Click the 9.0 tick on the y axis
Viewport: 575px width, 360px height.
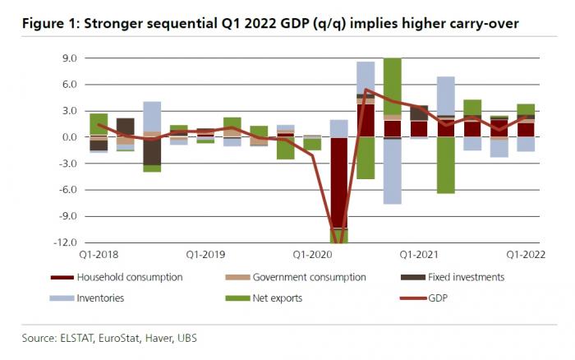coord(67,58)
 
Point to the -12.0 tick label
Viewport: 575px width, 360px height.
coord(65,243)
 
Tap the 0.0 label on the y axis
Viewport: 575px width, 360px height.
coord(67,137)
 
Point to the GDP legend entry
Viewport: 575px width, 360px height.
coord(439,298)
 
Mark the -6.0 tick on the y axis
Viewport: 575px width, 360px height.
coord(67,190)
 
